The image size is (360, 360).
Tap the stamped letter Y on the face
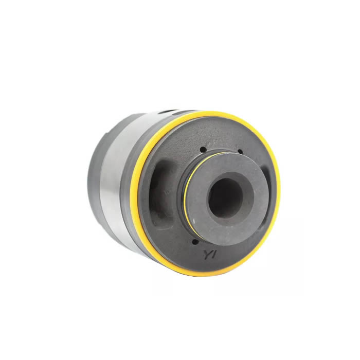tap(207, 255)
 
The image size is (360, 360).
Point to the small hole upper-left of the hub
tap(202, 150)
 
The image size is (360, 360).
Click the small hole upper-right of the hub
tap(240, 152)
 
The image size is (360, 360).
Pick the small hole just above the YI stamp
tap(195, 242)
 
